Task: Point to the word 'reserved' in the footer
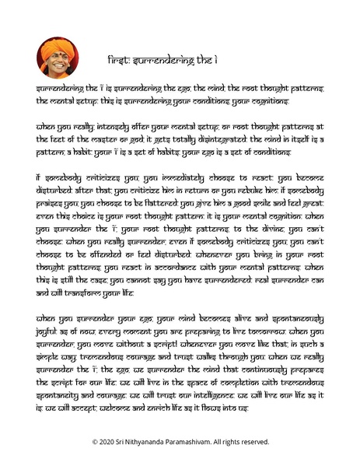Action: tap(256, 441)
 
